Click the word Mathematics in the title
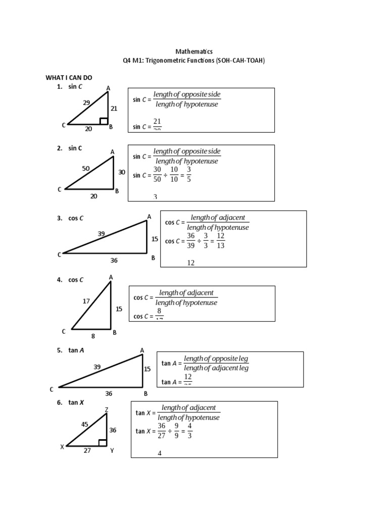point(194,51)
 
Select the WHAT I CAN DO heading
point(69,77)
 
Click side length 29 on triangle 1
point(86,102)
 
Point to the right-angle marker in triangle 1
point(104,121)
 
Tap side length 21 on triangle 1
point(114,108)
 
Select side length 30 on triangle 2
point(121,172)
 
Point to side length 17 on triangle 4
point(86,301)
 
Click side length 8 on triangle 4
point(92,335)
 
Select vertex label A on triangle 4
point(111,277)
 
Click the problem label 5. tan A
point(71,350)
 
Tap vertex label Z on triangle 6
point(107,409)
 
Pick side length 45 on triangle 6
point(85,424)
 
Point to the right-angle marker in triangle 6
point(103,443)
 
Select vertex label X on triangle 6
point(62,447)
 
